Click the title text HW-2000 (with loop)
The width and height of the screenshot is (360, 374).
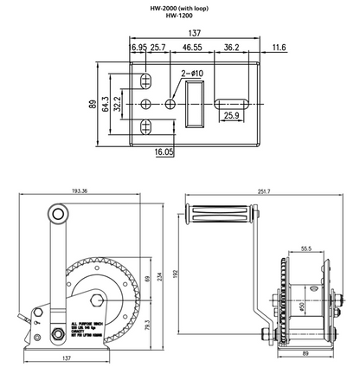click(x=180, y=8)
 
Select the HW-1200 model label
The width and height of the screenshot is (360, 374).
click(x=180, y=16)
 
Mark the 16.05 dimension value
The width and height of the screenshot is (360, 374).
click(x=164, y=152)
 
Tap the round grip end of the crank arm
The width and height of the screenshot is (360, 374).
click(x=57, y=212)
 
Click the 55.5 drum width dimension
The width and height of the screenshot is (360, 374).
click(x=307, y=248)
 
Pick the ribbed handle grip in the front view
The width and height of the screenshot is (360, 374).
click(x=216, y=213)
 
